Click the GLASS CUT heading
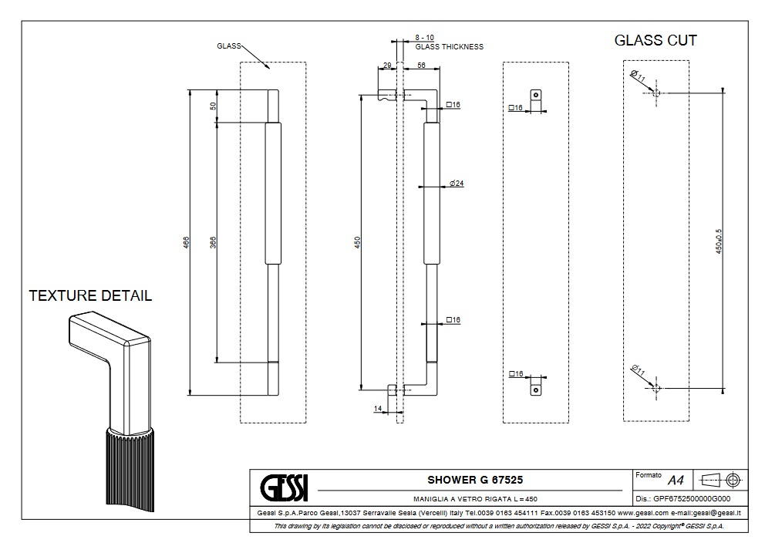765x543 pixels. coord(655,41)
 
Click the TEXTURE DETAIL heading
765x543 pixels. coord(90,295)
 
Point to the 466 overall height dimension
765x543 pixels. coord(185,242)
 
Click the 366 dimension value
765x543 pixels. coord(212,241)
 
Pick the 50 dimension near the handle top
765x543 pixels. coord(213,106)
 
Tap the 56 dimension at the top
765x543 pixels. coord(422,66)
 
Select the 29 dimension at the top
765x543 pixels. coord(386,66)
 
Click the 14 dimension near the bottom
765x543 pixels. coord(378,409)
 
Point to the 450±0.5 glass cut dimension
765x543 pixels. coord(718,241)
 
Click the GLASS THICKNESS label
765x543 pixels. coord(450,47)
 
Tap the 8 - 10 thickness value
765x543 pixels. coord(425,37)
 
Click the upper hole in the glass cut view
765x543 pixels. coord(656,93)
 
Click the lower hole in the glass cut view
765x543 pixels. coord(656,390)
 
